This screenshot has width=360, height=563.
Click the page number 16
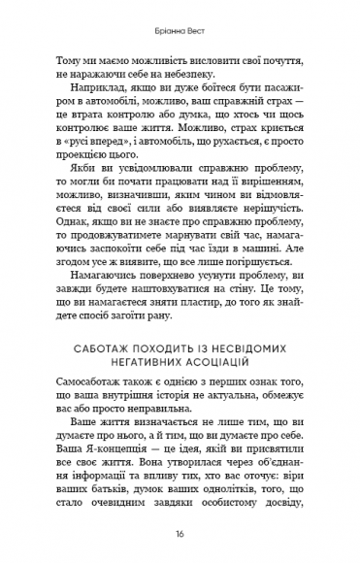[180, 535]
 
